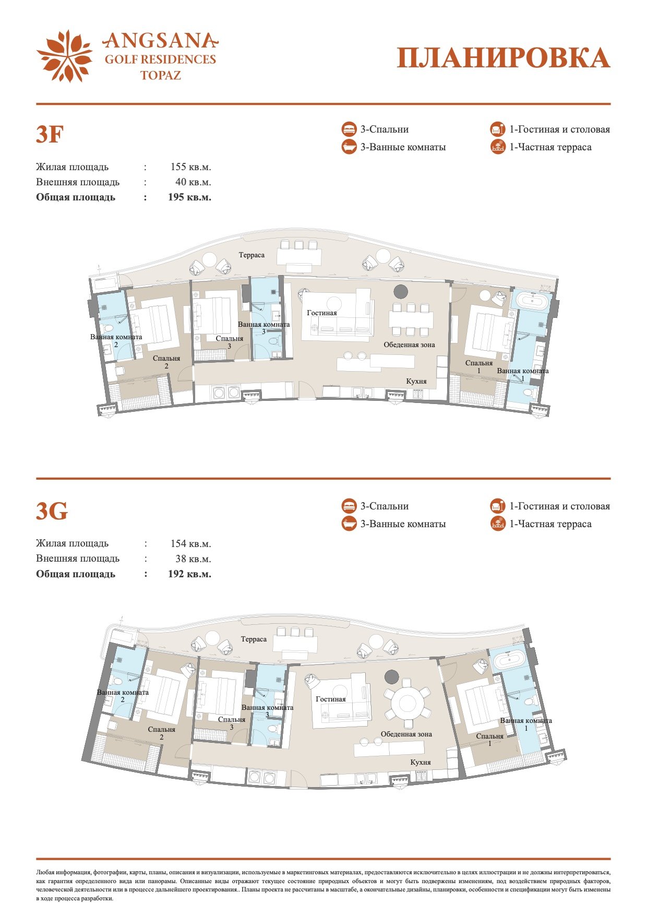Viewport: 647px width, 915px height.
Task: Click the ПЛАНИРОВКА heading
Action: [x=504, y=58]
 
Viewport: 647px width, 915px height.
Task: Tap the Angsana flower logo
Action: [x=65, y=56]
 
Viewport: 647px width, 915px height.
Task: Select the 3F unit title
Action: [x=50, y=135]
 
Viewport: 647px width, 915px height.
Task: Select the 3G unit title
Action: [x=52, y=512]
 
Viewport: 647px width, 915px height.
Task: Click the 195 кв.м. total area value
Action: [x=189, y=197]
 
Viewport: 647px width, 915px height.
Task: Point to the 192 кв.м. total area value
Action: [x=189, y=574]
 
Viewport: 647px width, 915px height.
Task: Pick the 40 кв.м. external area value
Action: [x=193, y=182]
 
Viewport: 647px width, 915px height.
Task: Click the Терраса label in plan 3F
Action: [x=251, y=255]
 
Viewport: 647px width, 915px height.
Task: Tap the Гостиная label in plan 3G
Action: [x=331, y=699]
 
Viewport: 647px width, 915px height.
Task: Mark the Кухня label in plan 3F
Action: [x=416, y=382]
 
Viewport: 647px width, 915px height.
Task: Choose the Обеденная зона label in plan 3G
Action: [x=406, y=734]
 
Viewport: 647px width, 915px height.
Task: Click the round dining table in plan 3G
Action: [x=409, y=703]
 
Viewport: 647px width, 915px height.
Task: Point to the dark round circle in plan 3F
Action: [x=401, y=292]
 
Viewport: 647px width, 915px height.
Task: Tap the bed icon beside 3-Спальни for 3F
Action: [x=349, y=129]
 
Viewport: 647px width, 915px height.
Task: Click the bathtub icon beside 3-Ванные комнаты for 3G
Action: [x=349, y=524]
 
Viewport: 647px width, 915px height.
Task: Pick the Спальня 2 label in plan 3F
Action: [x=166, y=362]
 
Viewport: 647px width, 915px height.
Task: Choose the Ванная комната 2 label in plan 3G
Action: [x=123, y=696]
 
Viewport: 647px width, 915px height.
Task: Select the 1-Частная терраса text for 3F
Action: [x=550, y=147]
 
